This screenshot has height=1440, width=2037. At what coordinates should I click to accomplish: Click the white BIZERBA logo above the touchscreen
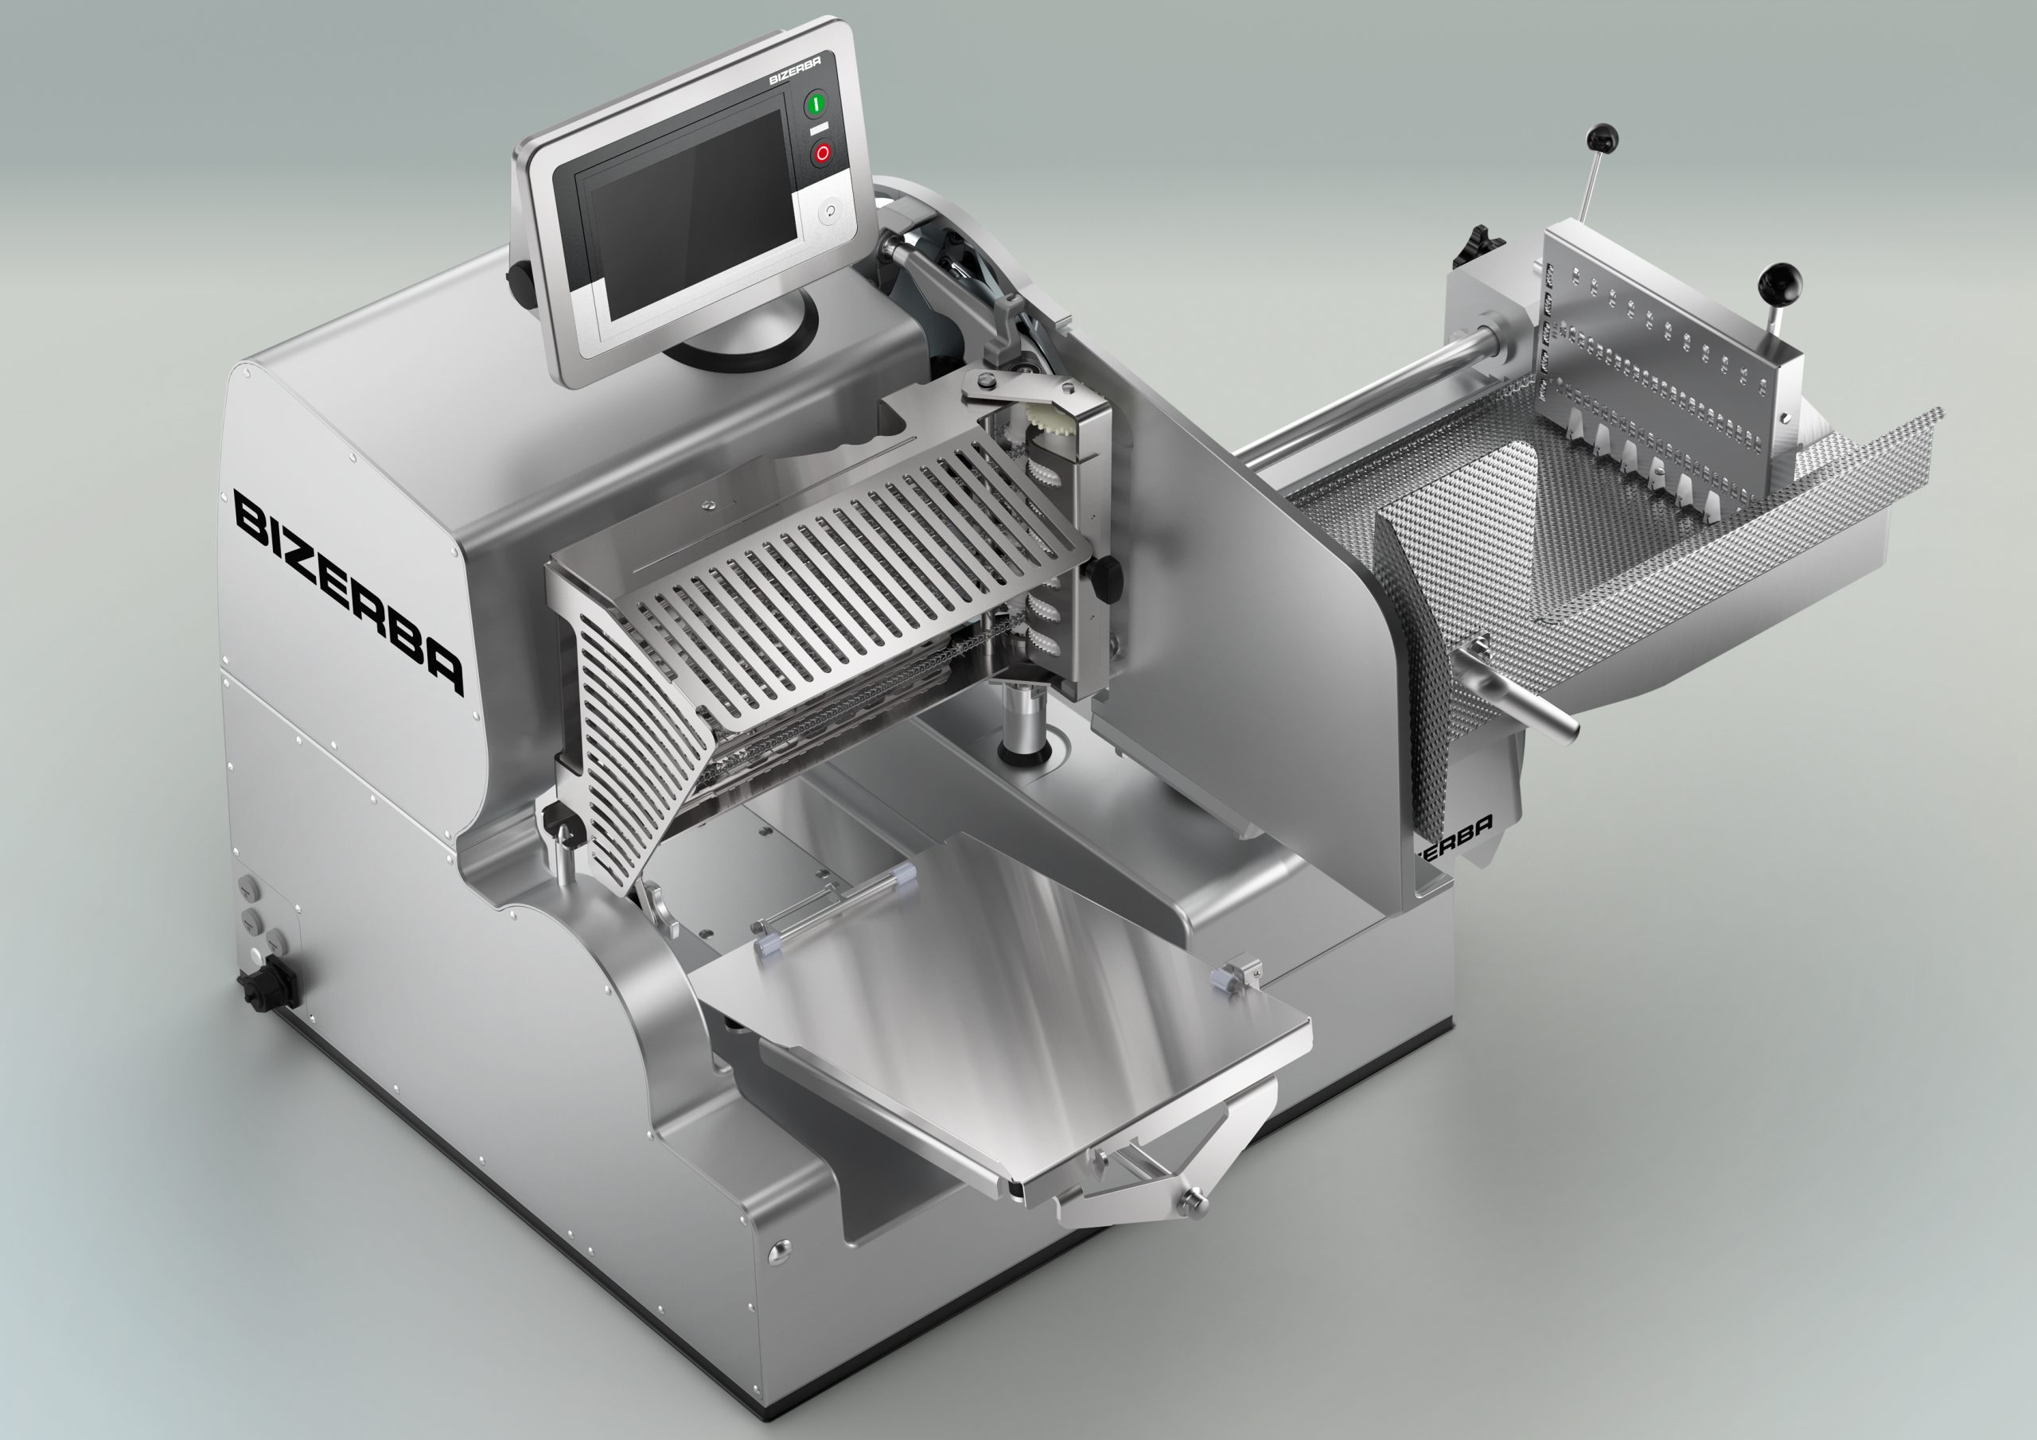pyautogui.click(x=794, y=70)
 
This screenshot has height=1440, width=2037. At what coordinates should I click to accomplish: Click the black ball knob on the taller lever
pyautogui.click(x=1603, y=139)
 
